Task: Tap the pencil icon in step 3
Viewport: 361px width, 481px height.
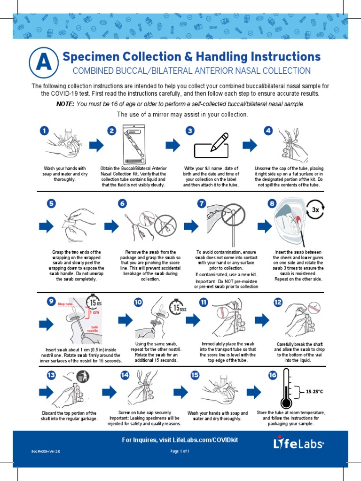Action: click(219, 142)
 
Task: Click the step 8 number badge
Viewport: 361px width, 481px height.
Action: click(272, 203)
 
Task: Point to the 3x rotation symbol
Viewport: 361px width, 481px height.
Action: click(315, 210)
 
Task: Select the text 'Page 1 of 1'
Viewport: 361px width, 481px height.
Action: click(180, 451)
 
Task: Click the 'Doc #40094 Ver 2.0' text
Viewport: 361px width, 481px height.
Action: click(46, 451)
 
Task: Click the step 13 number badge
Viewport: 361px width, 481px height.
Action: click(51, 374)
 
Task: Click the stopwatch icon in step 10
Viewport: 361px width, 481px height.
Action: click(177, 306)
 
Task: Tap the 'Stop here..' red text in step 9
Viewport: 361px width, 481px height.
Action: click(66, 304)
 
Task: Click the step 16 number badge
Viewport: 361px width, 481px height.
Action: click(272, 374)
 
